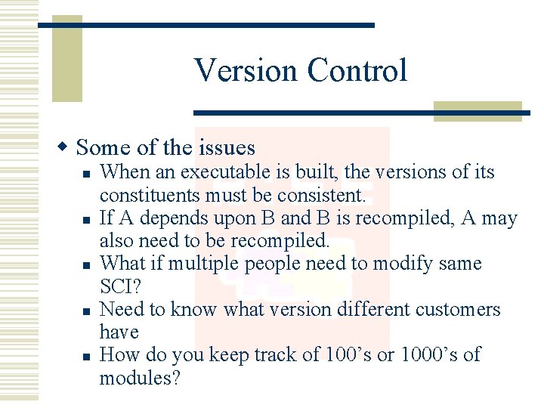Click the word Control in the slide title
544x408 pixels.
pyautogui.click(x=357, y=70)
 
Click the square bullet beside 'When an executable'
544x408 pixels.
pyautogui.click(x=87, y=174)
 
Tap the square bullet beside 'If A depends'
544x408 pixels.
pyautogui.click(x=87, y=220)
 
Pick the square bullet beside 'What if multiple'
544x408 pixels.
pyautogui.click(x=87, y=265)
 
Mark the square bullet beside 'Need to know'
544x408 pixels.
pyautogui.click(x=87, y=311)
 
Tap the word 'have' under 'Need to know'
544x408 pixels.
pyautogui.click(x=119, y=332)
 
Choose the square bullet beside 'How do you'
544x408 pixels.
pyautogui.click(x=87, y=356)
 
